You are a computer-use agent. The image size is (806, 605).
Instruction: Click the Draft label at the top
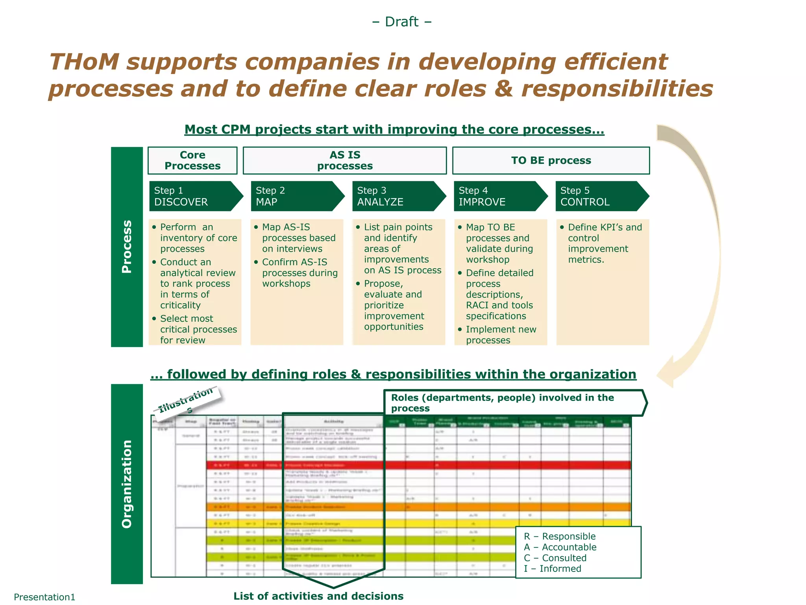click(401, 22)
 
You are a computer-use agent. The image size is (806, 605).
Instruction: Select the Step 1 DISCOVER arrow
click(195, 196)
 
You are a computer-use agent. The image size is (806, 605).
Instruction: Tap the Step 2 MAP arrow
click(296, 196)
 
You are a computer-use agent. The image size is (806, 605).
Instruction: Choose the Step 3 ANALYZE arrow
click(398, 196)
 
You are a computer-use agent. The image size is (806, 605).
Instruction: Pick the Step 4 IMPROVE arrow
click(499, 196)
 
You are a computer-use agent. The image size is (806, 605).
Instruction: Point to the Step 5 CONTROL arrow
click(601, 196)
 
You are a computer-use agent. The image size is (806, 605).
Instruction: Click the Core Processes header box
click(192, 160)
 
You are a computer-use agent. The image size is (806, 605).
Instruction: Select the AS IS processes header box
click(345, 160)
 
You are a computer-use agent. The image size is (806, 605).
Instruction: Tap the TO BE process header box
click(551, 160)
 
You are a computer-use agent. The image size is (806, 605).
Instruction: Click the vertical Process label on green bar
click(127, 247)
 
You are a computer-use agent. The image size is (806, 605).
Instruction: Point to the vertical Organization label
click(127, 484)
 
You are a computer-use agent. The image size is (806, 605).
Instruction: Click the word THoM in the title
click(84, 62)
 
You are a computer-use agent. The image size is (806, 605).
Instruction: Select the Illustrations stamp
click(187, 401)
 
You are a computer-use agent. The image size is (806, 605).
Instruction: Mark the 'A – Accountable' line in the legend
click(560, 547)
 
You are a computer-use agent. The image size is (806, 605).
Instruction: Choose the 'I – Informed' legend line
click(553, 568)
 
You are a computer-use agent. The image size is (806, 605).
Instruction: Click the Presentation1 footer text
click(44, 597)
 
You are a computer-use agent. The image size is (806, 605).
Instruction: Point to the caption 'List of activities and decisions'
click(318, 596)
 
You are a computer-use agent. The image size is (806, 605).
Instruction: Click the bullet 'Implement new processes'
click(501, 335)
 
